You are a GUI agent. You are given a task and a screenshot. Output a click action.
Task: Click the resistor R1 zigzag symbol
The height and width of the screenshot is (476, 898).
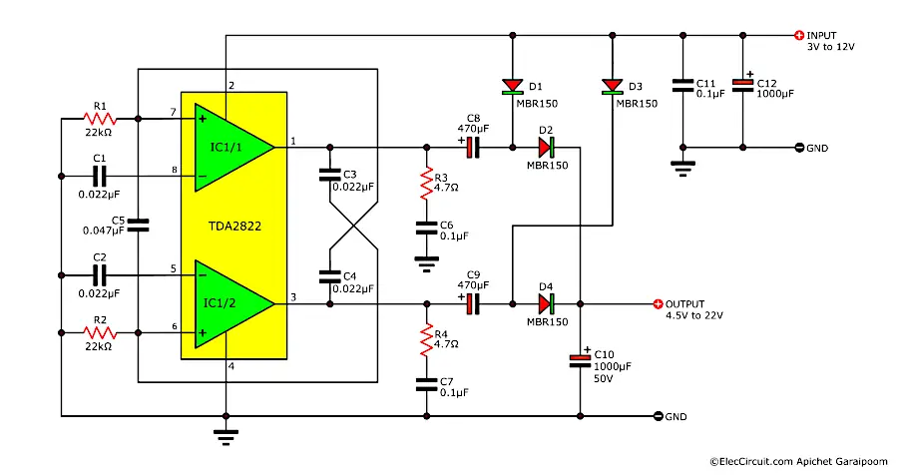(99, 118)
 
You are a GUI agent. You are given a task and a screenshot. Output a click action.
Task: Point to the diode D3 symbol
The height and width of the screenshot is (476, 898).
(610, 86)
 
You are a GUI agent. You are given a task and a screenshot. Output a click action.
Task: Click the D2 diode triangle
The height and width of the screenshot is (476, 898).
(545, 147)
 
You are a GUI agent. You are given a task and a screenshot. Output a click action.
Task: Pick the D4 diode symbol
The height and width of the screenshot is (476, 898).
(545, 303)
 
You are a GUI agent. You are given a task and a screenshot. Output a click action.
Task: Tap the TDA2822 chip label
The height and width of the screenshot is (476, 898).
(234, 226)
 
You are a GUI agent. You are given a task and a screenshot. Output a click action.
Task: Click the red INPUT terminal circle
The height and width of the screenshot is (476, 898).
(798, 35)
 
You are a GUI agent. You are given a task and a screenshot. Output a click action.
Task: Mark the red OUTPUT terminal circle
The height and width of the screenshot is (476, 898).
(658, 303)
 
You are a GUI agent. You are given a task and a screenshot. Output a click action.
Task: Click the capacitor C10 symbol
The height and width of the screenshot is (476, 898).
(580, 360)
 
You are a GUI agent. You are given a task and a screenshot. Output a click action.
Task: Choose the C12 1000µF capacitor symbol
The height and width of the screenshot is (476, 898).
(743, 86)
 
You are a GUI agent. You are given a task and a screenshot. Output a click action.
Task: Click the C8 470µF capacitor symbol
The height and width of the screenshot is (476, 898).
(470, 147)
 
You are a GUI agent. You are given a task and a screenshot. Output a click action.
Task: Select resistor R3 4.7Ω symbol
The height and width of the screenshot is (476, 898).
(427, 181)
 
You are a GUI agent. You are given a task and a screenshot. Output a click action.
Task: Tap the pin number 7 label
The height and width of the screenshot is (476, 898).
(174, 111)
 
